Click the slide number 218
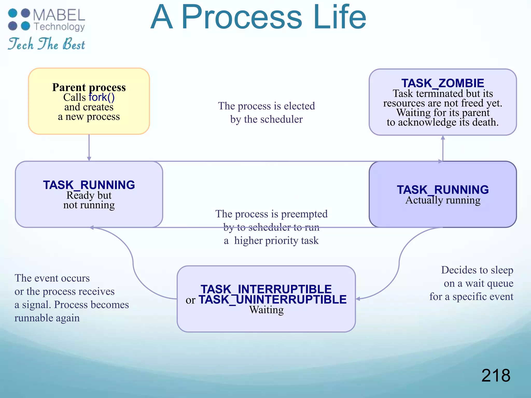click(495, 375)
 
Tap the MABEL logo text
click(59, 15)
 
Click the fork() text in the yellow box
click(101, 97)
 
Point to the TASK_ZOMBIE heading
click(443, 83)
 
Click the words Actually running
click(443, 200)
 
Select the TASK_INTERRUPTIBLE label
click(266, 289)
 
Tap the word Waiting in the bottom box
click(266, 310)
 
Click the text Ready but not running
click(89, 200)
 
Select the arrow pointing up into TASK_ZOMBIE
click(443, 148)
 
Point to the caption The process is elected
click(266, 106)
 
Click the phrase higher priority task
click(276, 240)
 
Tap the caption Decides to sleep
click(477, 270)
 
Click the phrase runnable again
click(47, 318)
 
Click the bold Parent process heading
click(89, 87)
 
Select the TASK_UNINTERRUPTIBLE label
click(273, 300)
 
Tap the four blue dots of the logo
click(19, 19)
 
